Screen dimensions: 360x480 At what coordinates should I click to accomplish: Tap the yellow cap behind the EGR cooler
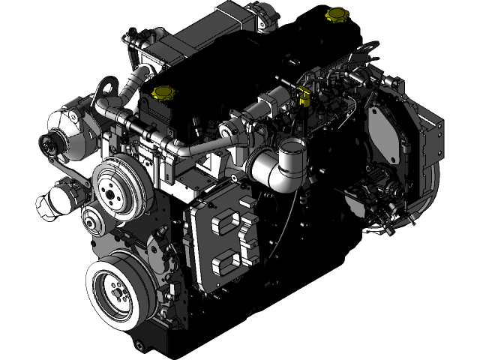[334, 14]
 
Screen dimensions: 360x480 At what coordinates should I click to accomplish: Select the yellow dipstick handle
[304, 94]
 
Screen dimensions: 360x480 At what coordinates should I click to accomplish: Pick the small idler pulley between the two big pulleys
[94, 220]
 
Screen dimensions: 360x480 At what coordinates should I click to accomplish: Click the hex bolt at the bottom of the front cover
[138, 346]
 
